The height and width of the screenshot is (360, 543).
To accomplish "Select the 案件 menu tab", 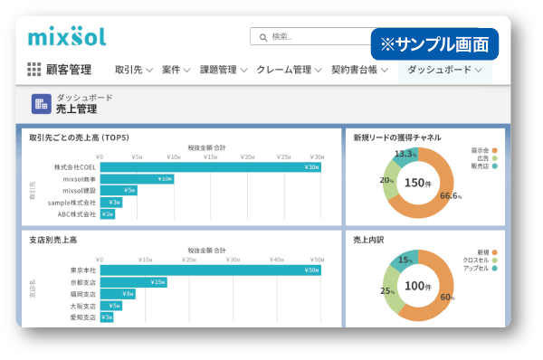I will (x=176, y=70).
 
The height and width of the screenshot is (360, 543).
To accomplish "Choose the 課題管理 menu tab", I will (x=223, y=70).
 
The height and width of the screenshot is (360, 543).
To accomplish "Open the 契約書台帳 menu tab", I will (x=359, y=70).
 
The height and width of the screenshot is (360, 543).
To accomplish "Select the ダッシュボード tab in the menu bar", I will (x=444, y=70).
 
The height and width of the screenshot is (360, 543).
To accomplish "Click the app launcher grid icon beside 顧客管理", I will (x=34, y=70).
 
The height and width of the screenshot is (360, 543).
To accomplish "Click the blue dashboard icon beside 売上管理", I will (x=41, y=103).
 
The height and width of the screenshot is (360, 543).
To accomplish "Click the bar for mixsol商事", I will (x=137, y=178).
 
